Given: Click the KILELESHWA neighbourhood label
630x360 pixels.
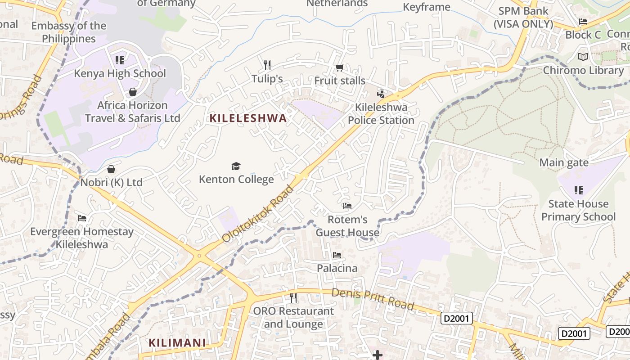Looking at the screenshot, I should click(x=248, y=118).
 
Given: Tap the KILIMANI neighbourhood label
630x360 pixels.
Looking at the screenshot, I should click(x=177, y=343).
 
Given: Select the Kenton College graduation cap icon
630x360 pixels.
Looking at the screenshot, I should click(x=236, y=166).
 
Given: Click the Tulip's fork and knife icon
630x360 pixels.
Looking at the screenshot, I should click(x=267, y=65).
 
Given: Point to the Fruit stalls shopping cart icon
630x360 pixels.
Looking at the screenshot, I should click(x=340, y=68).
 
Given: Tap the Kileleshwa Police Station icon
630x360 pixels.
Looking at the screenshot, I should click(x=381, y=94).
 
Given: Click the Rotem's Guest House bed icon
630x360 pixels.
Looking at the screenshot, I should click(x=347, y=206).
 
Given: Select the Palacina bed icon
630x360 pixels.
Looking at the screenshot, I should click(x=337, y=255).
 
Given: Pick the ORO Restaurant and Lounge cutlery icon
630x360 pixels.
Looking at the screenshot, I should click(x=293, y=297).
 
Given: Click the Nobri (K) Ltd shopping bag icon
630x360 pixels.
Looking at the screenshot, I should click(x=111, y=169).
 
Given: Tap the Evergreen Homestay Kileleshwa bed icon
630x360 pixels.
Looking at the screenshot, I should click(x=82, y=218).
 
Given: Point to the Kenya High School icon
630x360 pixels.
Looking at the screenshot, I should click(x=120, y=60).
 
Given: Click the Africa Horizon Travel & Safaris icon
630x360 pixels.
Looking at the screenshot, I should click(x=133, y=92).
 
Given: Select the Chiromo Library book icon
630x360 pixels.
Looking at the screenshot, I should click(x=583, y=57).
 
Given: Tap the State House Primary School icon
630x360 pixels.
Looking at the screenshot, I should click(x=579, y=190).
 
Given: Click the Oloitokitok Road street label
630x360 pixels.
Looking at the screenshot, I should click(x=257, y=214).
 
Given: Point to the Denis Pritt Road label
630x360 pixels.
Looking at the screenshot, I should click(x=373, y=299).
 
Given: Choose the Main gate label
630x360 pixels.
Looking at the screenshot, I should click(x=564, y=162).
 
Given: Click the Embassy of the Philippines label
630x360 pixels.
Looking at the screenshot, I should click(x=69, y=32).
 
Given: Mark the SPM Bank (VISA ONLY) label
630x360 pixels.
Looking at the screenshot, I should click(x=523, y=18).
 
